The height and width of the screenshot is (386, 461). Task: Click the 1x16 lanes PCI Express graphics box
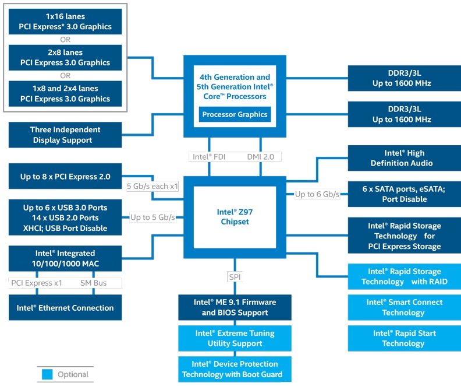pyautogui.click(x=65, y=22)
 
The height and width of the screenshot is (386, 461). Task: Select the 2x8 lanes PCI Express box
pyautogui.click(x=65, y=57)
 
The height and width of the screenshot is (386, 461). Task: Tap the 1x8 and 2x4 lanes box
pyautogui.click(x=65, y=93)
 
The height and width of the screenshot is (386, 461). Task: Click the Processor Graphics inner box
pyautogui.click(x=235, y=114)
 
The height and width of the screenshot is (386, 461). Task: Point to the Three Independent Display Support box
pyautogui.click(x=65, y=135)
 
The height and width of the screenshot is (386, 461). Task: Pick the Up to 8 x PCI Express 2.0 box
pyautogui.click(x=65, y=177)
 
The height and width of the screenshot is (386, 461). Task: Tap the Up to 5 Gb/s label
pyautogui.click(x=153, y=217)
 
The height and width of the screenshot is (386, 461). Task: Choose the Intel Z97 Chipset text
pyautogui.click(x=235, y=217)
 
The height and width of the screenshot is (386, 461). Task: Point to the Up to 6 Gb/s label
pyautogui.click(x=317, y=194)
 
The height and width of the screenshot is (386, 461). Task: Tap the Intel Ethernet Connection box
pyautogui.click(x=65, y=308)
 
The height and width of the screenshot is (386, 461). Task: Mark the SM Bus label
pyautogui.click(x=93, y=283)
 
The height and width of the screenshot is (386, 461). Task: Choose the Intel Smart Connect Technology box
pyautogui.click(x=404, y=307)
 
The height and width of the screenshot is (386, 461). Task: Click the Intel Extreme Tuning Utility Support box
pyautogui.click(x=235, y=338)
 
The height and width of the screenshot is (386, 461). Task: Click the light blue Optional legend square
pyautogui.click(x=47, y=374)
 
